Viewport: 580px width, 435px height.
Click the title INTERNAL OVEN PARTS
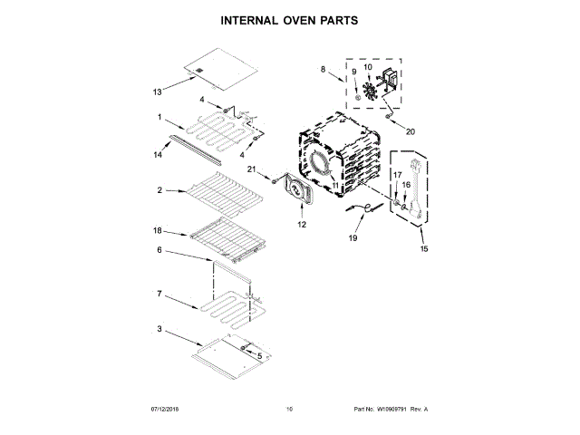289,18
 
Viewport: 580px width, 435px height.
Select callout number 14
158,155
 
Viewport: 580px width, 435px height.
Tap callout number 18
157,231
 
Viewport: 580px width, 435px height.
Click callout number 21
253,169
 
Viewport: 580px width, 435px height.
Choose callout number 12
302,223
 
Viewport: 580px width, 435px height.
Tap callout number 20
410,131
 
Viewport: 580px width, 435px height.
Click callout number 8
322,69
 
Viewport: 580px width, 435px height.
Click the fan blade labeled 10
370,91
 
